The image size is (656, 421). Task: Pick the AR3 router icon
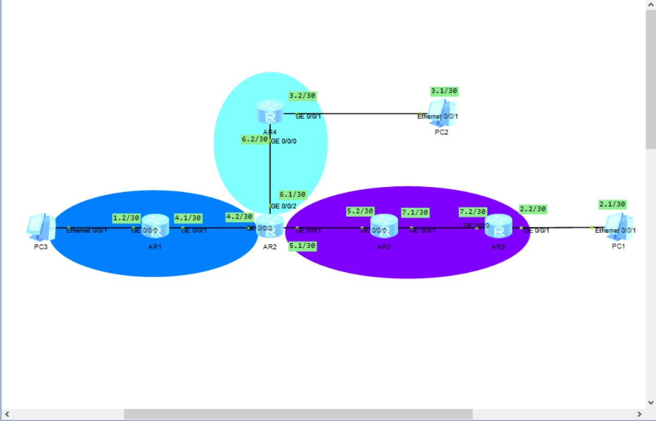point(384,227)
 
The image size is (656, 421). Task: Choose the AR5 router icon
point(499,227)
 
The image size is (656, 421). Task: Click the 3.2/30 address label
point(302,96)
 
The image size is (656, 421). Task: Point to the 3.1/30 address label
point(445,91)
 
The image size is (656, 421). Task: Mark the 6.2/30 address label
point(255,139)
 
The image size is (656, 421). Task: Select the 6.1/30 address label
point(292,195)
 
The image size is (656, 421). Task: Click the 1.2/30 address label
point(126,218)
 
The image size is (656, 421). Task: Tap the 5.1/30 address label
point(302,246)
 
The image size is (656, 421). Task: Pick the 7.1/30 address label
point(415,212)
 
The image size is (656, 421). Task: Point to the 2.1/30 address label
point(612,204)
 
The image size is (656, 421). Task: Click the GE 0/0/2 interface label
point(283,206)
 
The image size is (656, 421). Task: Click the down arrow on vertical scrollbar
point(650,403)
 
